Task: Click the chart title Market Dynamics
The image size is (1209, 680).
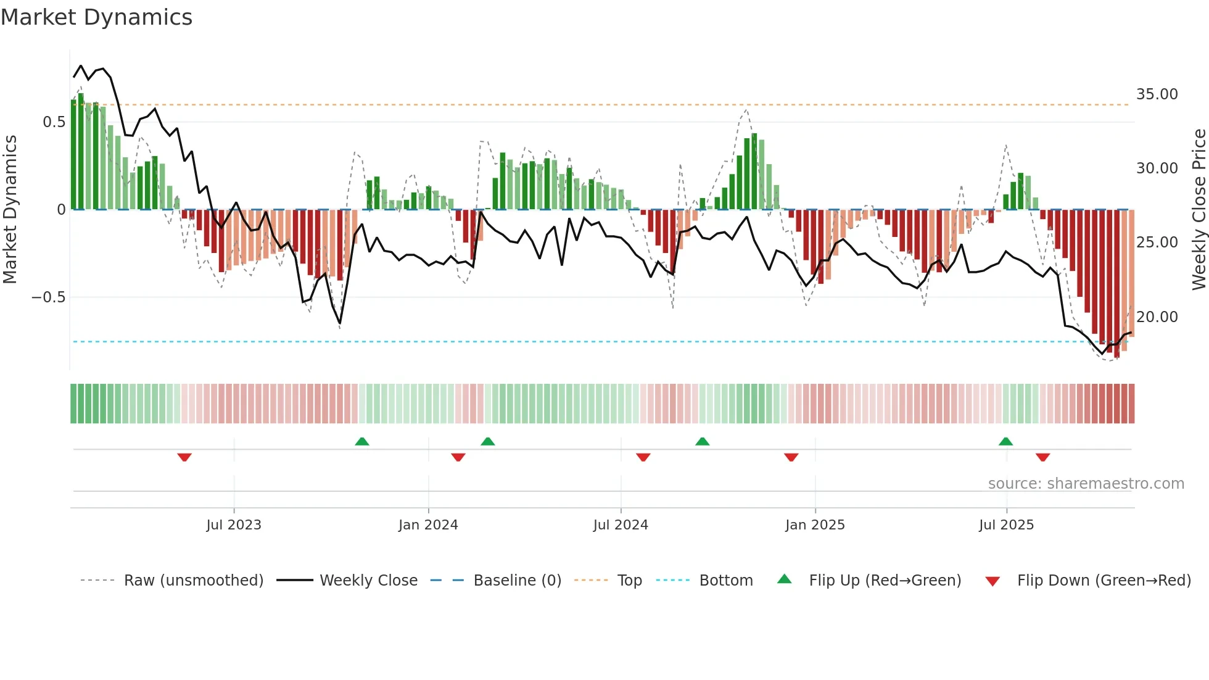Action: click(x=97, y=17)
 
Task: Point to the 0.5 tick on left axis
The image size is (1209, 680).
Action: click(x=54, y=122)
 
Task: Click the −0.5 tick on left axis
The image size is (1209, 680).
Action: click(x=49, y=297)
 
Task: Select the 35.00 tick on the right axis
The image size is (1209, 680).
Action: click(x=1157, y=94)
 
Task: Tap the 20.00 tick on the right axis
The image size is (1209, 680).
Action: click(x=1157, y=317)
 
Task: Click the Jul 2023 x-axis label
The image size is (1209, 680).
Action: click(x=234, y=525)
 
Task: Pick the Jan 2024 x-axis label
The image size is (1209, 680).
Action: click(x=428, y=525)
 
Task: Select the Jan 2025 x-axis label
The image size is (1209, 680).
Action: click(x=815, y=525)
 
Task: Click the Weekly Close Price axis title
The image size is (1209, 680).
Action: click(x=1199, y=210)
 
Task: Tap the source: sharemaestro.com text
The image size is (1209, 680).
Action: click(x=1086, y=484)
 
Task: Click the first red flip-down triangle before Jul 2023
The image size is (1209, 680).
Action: click(x=184, y=457)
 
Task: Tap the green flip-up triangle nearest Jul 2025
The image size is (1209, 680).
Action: click(x=1005, y=441)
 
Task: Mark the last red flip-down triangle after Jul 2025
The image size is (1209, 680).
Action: click(x=1042, y=457)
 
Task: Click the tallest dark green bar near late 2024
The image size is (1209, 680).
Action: click(x=754, y=172)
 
